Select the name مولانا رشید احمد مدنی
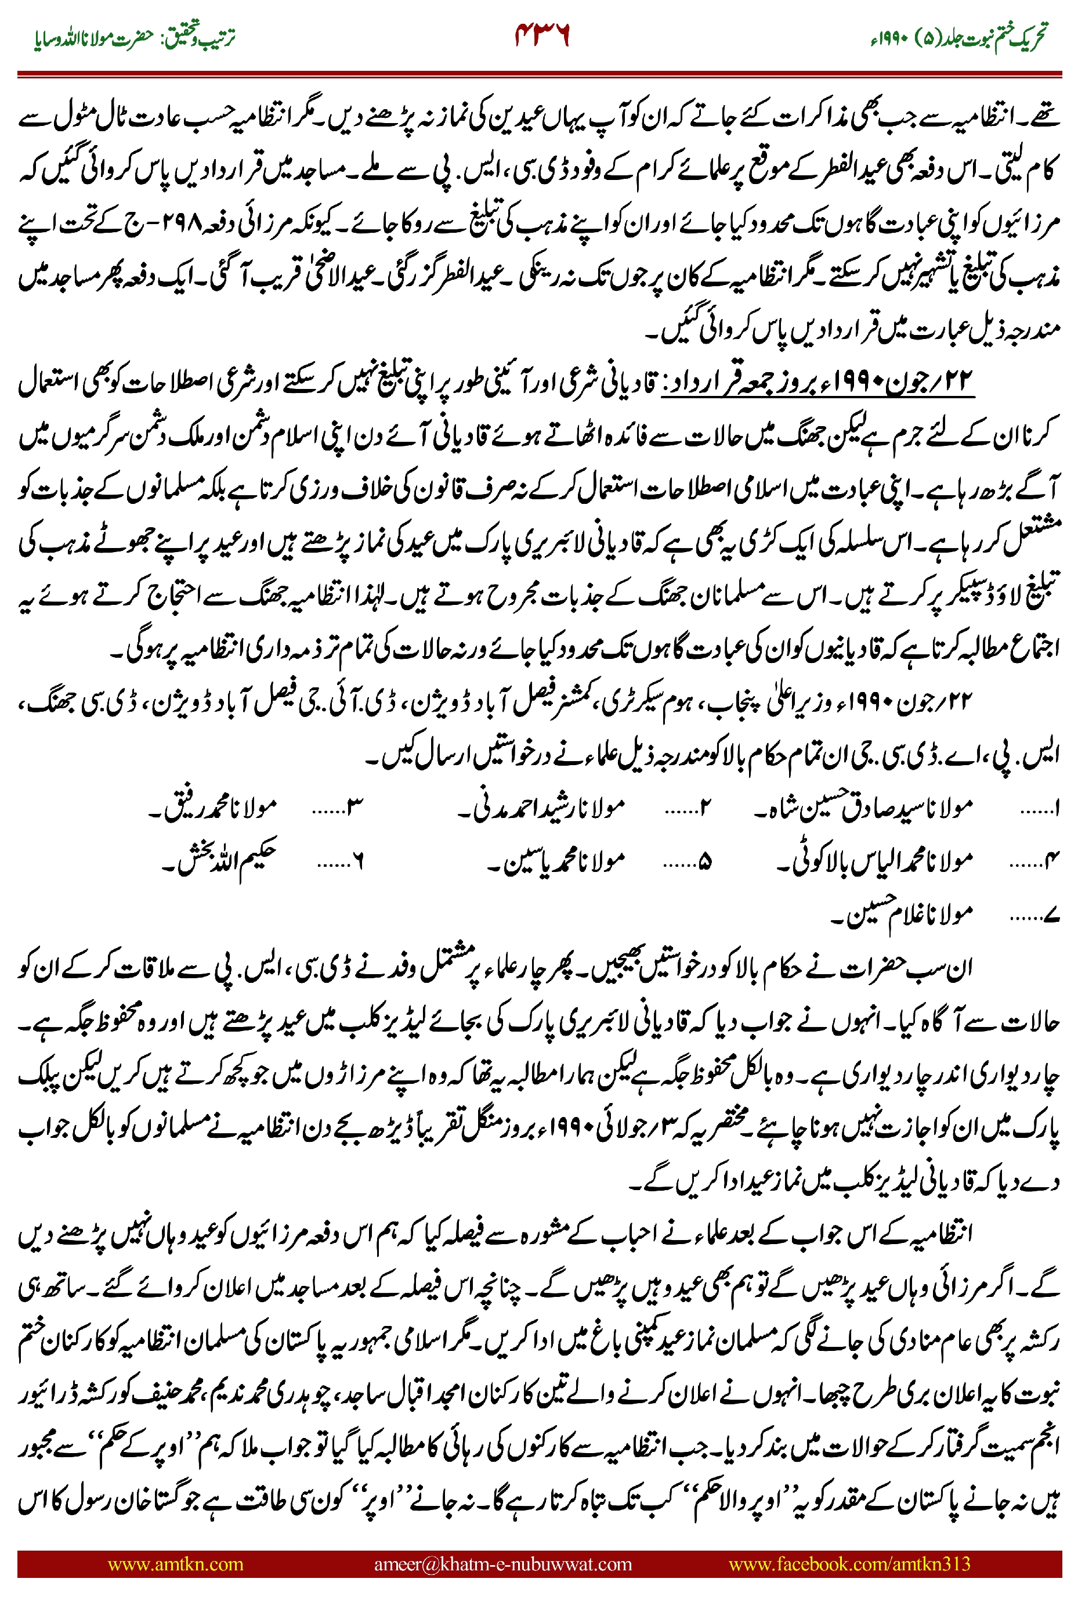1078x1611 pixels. point(542,806)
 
